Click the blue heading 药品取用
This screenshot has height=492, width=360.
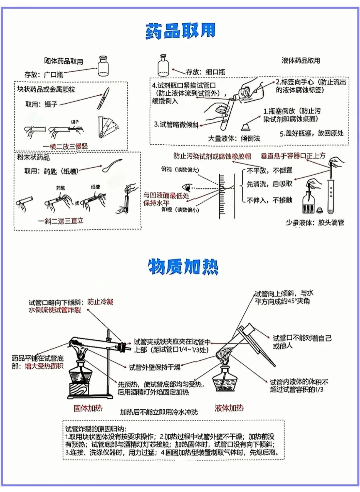pyautogui.click(x=180, y=31)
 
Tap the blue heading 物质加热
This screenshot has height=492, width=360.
pyautogui.click(x=183, y=266)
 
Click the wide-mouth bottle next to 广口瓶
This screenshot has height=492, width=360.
pyautogui.click(x=103, y=66)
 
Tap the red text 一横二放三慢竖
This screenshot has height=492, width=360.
pyautogui.click(x=65, y=146)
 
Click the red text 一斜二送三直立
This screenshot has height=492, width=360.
pyautogui.click(x=61, y=221)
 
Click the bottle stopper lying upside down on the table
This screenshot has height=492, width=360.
pyautogui.click(x=246, y=127)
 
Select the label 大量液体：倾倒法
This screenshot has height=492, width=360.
pyautogui.click(x=234, y=138)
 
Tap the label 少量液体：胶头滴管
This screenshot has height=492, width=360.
pyautogui.click(x=315, y=223)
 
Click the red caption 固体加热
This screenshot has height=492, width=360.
pyautogui.click(x=88, y=408)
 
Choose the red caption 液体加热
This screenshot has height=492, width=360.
pyautogui.click(x=229, y=408)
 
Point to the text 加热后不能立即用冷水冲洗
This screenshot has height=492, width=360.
pyautogui.click(x=159, y=412)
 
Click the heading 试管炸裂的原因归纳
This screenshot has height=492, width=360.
pyautogui.click(x=96, y=429)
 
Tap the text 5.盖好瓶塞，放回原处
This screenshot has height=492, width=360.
pyautogui.click(x=311, y=133)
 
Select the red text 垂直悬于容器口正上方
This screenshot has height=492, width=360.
pyautogui.click(x=293, y=156)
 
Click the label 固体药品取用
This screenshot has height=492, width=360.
pyautogui.click(x=64, y=61)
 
